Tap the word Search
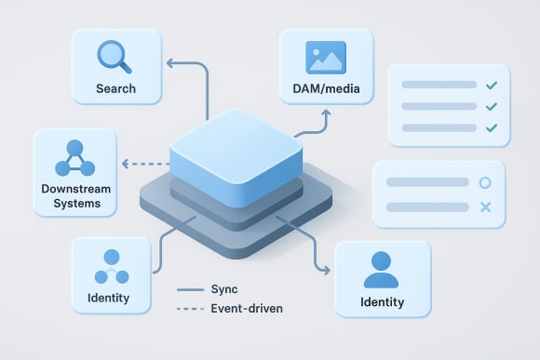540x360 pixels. click(x=115, y=89)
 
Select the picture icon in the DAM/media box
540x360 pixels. click(x=326, y=58)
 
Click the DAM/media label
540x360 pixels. click(x=326, y=89)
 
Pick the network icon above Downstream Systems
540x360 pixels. click(x=75, y=159)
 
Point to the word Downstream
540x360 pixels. click(x=75, y=189)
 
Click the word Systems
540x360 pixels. click(x=75, y=204)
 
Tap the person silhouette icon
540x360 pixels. click(x=382, y=269)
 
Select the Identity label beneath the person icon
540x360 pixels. click(x=382, y=302)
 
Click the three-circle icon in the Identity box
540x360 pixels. click(x=111, y=267)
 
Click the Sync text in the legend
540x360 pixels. click(x=225, y=290)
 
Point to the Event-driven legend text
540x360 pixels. click(x=248, y=308)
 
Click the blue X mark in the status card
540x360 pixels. click(x=484, y=206)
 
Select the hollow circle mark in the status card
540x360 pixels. click(x=484, y=183)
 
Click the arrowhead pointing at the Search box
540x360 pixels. click(x=169, y=63)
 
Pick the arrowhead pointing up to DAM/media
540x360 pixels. click(x=326, y=113)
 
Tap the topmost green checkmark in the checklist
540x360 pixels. click(x=491, y=86)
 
